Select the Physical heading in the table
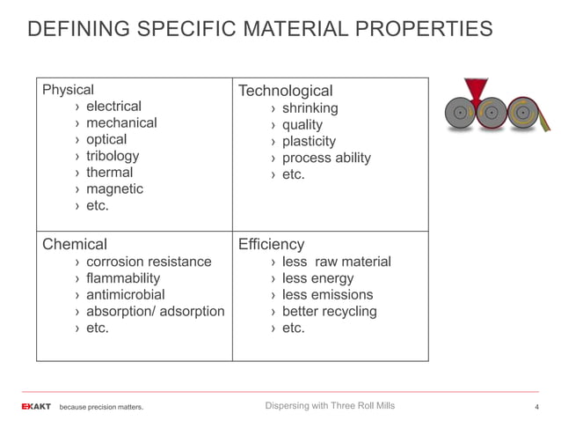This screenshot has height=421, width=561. [x=68, y=89]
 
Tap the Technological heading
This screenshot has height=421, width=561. [x=285, y=91]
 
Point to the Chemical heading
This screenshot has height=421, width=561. [x=75, y=244]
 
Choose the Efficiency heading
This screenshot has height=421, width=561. [x=271, y=244]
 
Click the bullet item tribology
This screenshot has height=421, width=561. [x=113, y=156]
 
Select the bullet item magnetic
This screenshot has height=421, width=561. [x=114, y=188]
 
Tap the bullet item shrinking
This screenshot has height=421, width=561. [x=310, y=108]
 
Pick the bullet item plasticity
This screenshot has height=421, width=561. [x=309, y=141]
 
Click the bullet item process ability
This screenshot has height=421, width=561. [x=326, y=158]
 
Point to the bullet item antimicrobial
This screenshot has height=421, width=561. [x=125, y=294]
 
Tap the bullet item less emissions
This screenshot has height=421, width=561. [x=327, y=294]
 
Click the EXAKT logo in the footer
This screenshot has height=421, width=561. [x=37, y=406]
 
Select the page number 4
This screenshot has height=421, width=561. [x=536, y=407]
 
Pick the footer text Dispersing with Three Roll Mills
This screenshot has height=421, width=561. [x=330, y=405]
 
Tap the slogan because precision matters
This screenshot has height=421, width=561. [x=100, y=407]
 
